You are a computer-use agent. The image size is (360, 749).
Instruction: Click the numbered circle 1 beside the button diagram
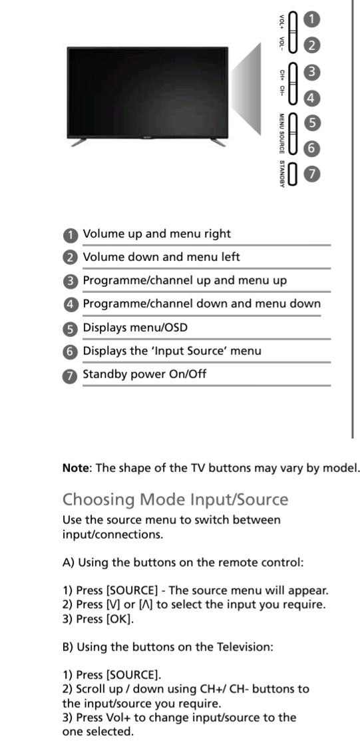coord(311,20)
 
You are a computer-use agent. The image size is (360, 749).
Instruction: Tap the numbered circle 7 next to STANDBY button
coord(311,174)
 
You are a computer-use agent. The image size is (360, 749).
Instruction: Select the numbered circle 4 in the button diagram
coord(311,99)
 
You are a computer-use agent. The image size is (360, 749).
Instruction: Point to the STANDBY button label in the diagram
coord(282,174)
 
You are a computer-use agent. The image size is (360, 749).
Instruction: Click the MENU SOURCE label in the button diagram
coord(282,134)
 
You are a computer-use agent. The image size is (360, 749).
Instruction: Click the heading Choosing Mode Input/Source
coord(176,499)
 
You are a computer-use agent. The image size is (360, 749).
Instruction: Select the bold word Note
coord(77,467)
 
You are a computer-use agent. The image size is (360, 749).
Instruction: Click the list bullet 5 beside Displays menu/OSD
coord(71,328)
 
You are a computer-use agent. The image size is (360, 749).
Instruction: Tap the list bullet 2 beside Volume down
coord(71,258)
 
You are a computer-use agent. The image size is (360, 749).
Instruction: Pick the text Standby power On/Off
coord(144,374)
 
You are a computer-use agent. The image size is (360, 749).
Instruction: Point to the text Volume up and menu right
coord(157,234)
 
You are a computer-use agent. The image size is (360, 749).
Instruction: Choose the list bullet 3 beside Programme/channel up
coord(71,281)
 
